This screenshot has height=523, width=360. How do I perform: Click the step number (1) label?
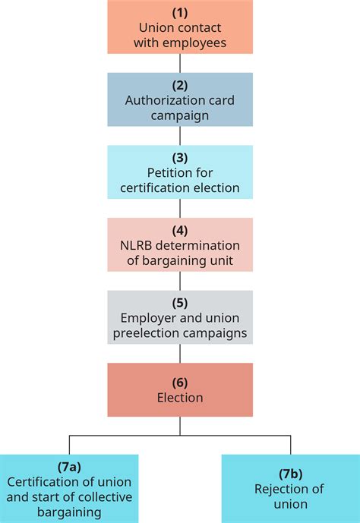[179, 13]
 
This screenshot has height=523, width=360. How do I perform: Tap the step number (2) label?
[179, 86]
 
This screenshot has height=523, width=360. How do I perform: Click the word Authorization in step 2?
[162, 101]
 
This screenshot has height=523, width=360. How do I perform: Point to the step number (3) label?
[179, 159]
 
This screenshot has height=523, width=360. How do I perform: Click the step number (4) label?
[179, 231]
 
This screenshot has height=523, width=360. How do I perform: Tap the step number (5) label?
[179, 304]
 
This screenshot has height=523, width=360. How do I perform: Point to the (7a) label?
[69, 468]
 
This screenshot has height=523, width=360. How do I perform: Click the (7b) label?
[289, 474]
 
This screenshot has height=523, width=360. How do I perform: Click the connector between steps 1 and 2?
[179, 63]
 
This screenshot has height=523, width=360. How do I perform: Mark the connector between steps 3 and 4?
[179, 208]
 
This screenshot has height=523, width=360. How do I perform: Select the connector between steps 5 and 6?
[179, 353]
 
